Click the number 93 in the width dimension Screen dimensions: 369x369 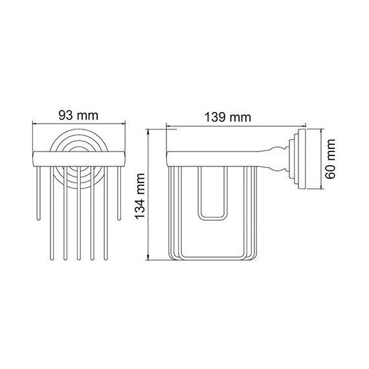pos(65,115)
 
